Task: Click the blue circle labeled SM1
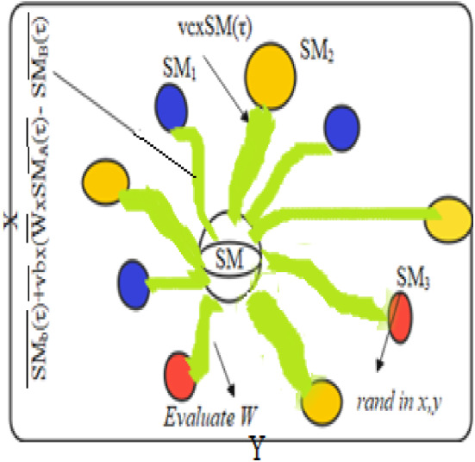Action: tap(172, 110)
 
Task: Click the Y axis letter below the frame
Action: tap(256, 447)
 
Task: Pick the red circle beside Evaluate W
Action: tap(181, 373)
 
